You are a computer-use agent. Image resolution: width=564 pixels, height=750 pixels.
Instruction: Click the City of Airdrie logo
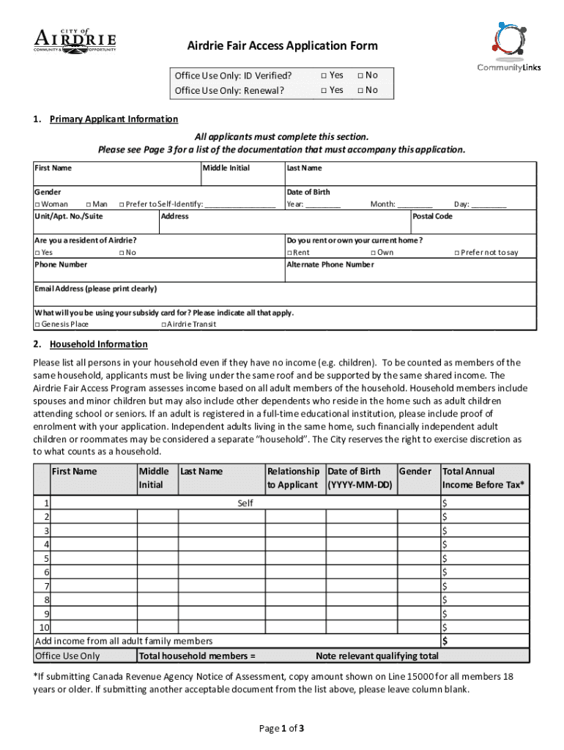75,38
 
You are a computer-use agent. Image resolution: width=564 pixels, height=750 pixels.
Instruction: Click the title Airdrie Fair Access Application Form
282,46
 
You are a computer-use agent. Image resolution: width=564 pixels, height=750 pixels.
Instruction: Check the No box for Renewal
360,90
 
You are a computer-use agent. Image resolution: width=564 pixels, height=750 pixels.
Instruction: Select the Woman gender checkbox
37,204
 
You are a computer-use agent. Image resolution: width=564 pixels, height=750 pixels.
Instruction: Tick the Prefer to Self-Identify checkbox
122,204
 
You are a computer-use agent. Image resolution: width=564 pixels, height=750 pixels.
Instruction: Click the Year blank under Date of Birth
322,204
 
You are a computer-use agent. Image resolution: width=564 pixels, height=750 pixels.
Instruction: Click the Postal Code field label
432,216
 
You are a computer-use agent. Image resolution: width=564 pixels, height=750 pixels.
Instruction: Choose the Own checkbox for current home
373,253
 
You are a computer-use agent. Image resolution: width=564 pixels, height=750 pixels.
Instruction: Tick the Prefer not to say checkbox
457,253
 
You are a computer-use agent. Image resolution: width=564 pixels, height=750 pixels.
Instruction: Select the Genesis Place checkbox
37,324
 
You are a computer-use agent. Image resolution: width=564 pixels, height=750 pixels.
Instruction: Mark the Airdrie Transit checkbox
163,324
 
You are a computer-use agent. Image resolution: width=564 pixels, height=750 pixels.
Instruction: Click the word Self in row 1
245,504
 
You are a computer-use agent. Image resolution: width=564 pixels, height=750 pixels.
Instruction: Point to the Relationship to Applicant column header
293,478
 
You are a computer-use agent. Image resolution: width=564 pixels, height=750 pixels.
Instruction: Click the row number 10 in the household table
44,628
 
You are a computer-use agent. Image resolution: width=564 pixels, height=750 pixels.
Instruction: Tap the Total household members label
197,656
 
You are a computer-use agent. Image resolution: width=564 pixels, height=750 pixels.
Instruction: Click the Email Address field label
95,289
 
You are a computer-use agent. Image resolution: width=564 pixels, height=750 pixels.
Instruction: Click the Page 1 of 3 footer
282,728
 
